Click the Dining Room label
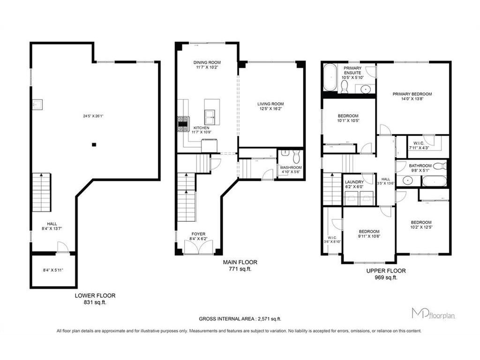click(x=207, y=62)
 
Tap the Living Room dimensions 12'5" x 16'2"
click(x=270, y=108)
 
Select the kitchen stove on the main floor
click(x=184, y=124)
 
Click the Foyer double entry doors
click(x=199, y=247)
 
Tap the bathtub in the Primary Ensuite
click(x=330, y=77)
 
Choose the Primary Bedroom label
click(x=412, y=94)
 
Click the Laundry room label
click(x=354, y=182)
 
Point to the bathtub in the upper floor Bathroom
click(x=434, y=181)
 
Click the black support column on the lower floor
click(x=94, y=144)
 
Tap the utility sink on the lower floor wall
click(x=37, y=105)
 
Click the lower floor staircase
click(x=42, y=192)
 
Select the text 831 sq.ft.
click(x=95, y=302)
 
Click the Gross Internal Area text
click(x=240, y=319)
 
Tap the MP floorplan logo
click(x=433, y=314)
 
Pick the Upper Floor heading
click(x=386, y=270)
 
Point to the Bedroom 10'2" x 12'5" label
click(x=421, y=225)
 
